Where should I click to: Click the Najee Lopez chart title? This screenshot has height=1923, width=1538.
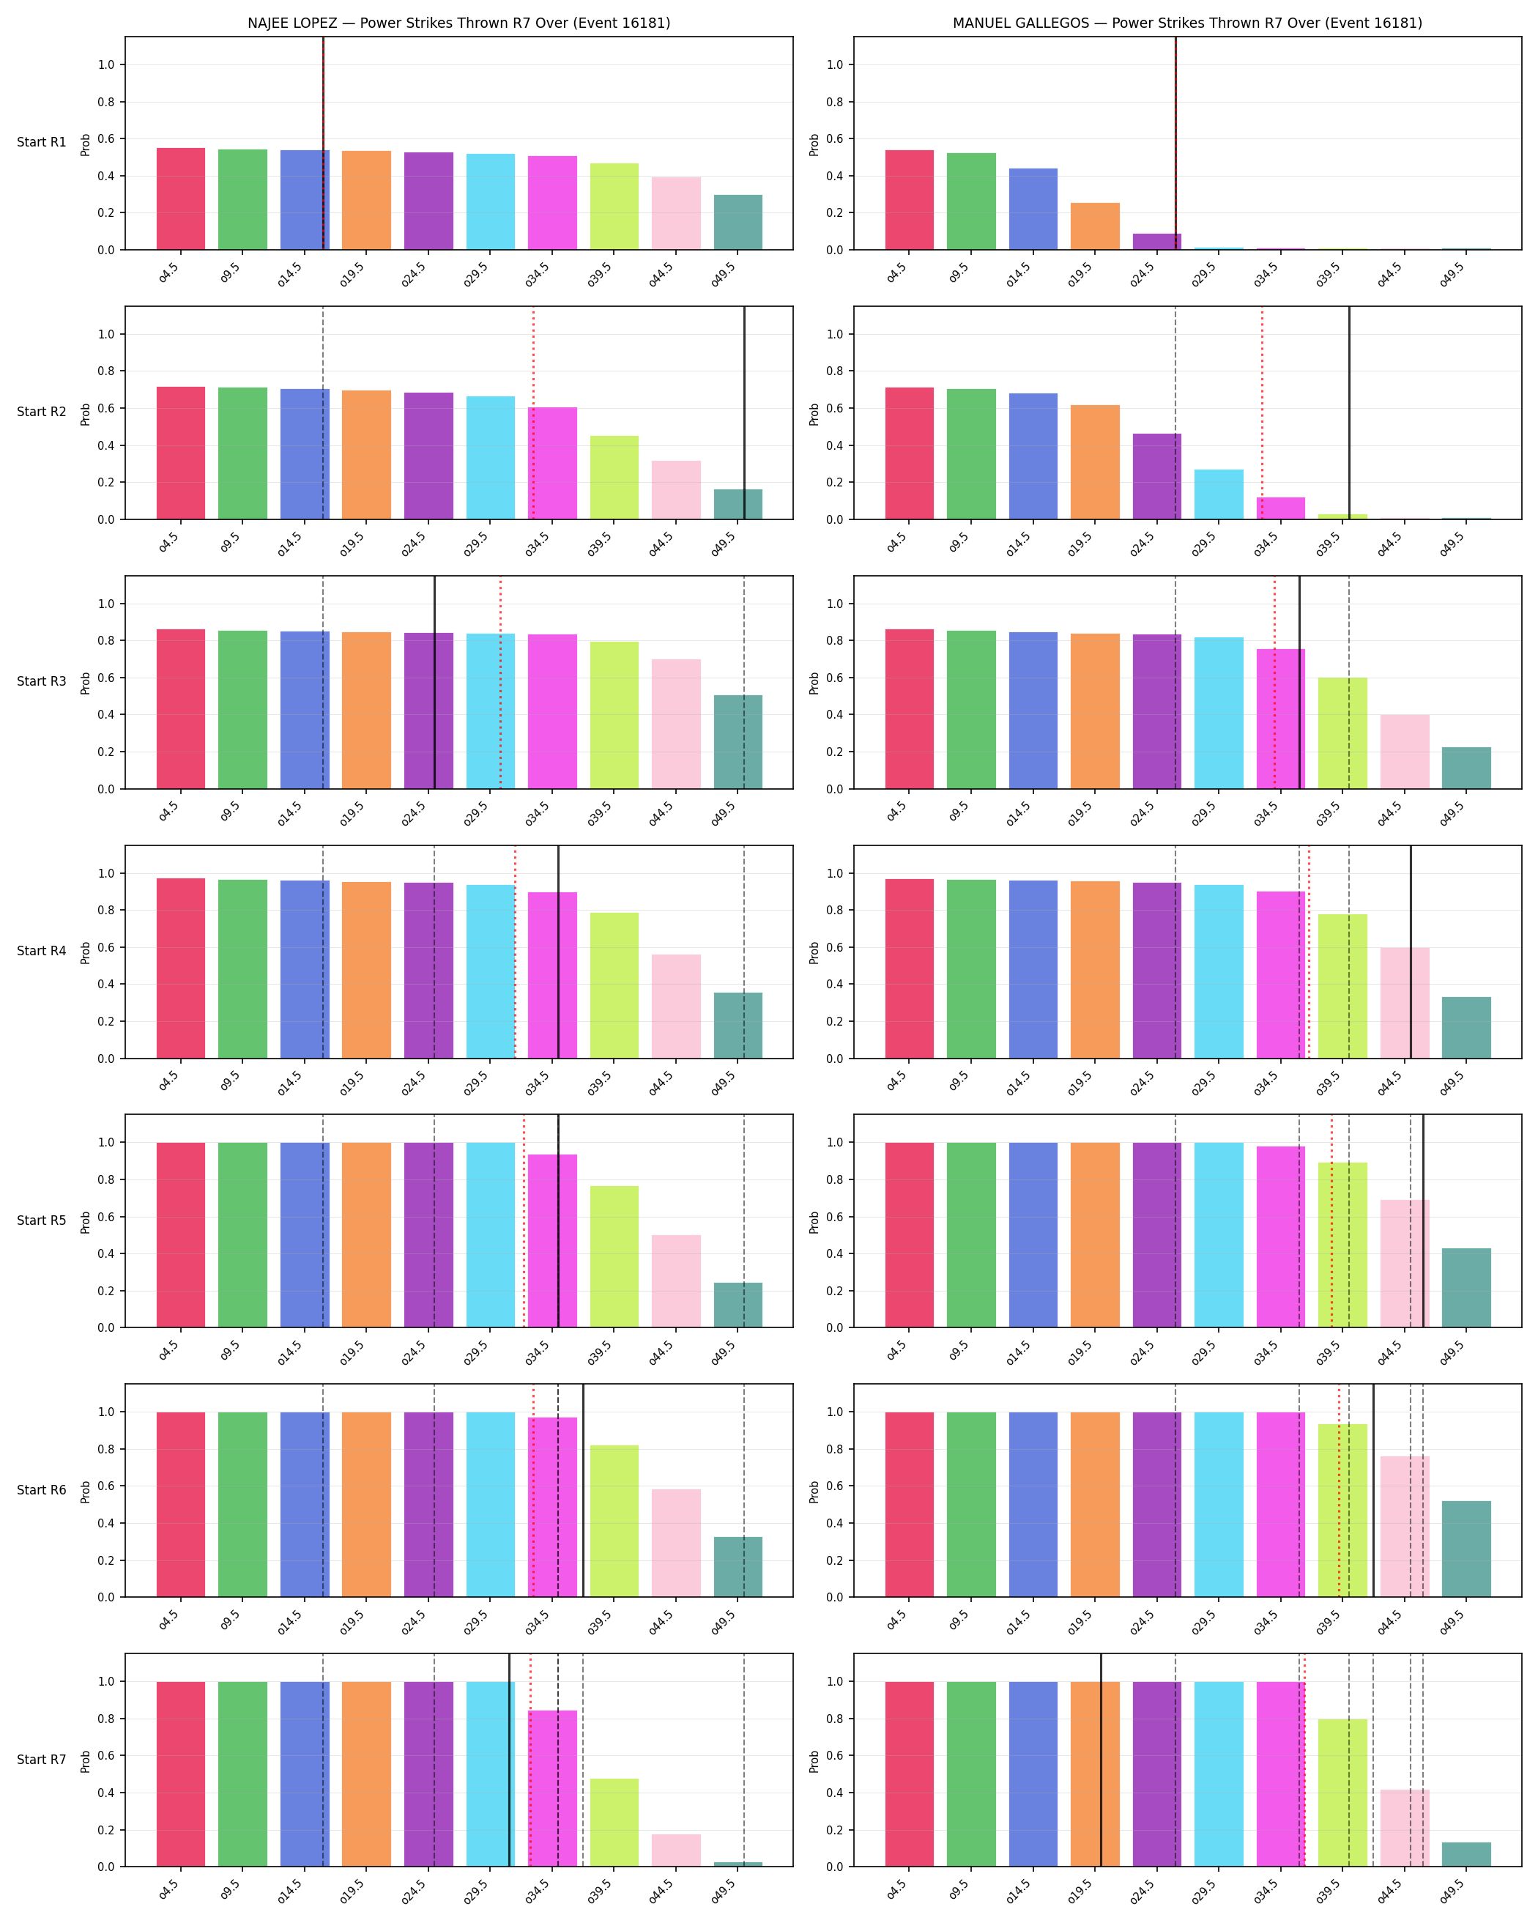point(458,23)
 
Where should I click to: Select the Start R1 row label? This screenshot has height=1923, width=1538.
point(41,143)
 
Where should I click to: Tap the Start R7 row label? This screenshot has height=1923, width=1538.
point(41,1760)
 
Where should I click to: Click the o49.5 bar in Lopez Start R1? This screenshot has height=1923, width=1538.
point(738,222)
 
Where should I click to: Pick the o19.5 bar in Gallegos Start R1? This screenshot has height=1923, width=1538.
point(1095,226)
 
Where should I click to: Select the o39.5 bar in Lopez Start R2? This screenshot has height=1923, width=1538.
point(614,477)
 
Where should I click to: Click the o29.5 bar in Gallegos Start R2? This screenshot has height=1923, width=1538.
point(1219,494)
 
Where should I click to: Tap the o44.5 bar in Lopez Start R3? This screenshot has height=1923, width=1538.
point(676,725)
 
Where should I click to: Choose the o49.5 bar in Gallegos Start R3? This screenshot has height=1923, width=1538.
point(1465,768)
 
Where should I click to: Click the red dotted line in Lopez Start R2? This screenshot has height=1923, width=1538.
point(533,413)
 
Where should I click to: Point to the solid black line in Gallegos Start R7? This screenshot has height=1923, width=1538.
point(1100,1760)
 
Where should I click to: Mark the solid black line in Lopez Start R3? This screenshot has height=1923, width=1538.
point(434,682)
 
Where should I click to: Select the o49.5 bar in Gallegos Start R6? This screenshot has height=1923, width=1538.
point(1465,1549)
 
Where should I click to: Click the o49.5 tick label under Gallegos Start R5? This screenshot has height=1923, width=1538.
point(1452,1353)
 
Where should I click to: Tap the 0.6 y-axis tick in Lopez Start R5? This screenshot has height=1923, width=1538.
point(106,1217)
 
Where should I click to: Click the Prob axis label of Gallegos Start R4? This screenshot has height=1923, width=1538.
point(814,952)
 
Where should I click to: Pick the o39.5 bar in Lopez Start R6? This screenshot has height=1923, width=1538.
point(614,1522)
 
